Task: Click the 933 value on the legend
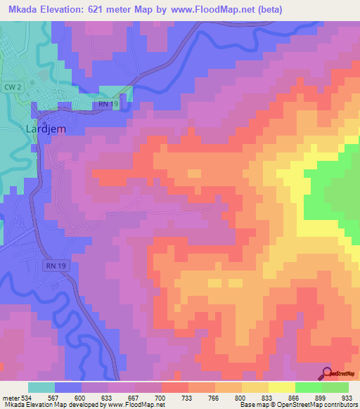[x=347, y=397]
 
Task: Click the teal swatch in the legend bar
[x=41, y=387]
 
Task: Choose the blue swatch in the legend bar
[x=68, y=387]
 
